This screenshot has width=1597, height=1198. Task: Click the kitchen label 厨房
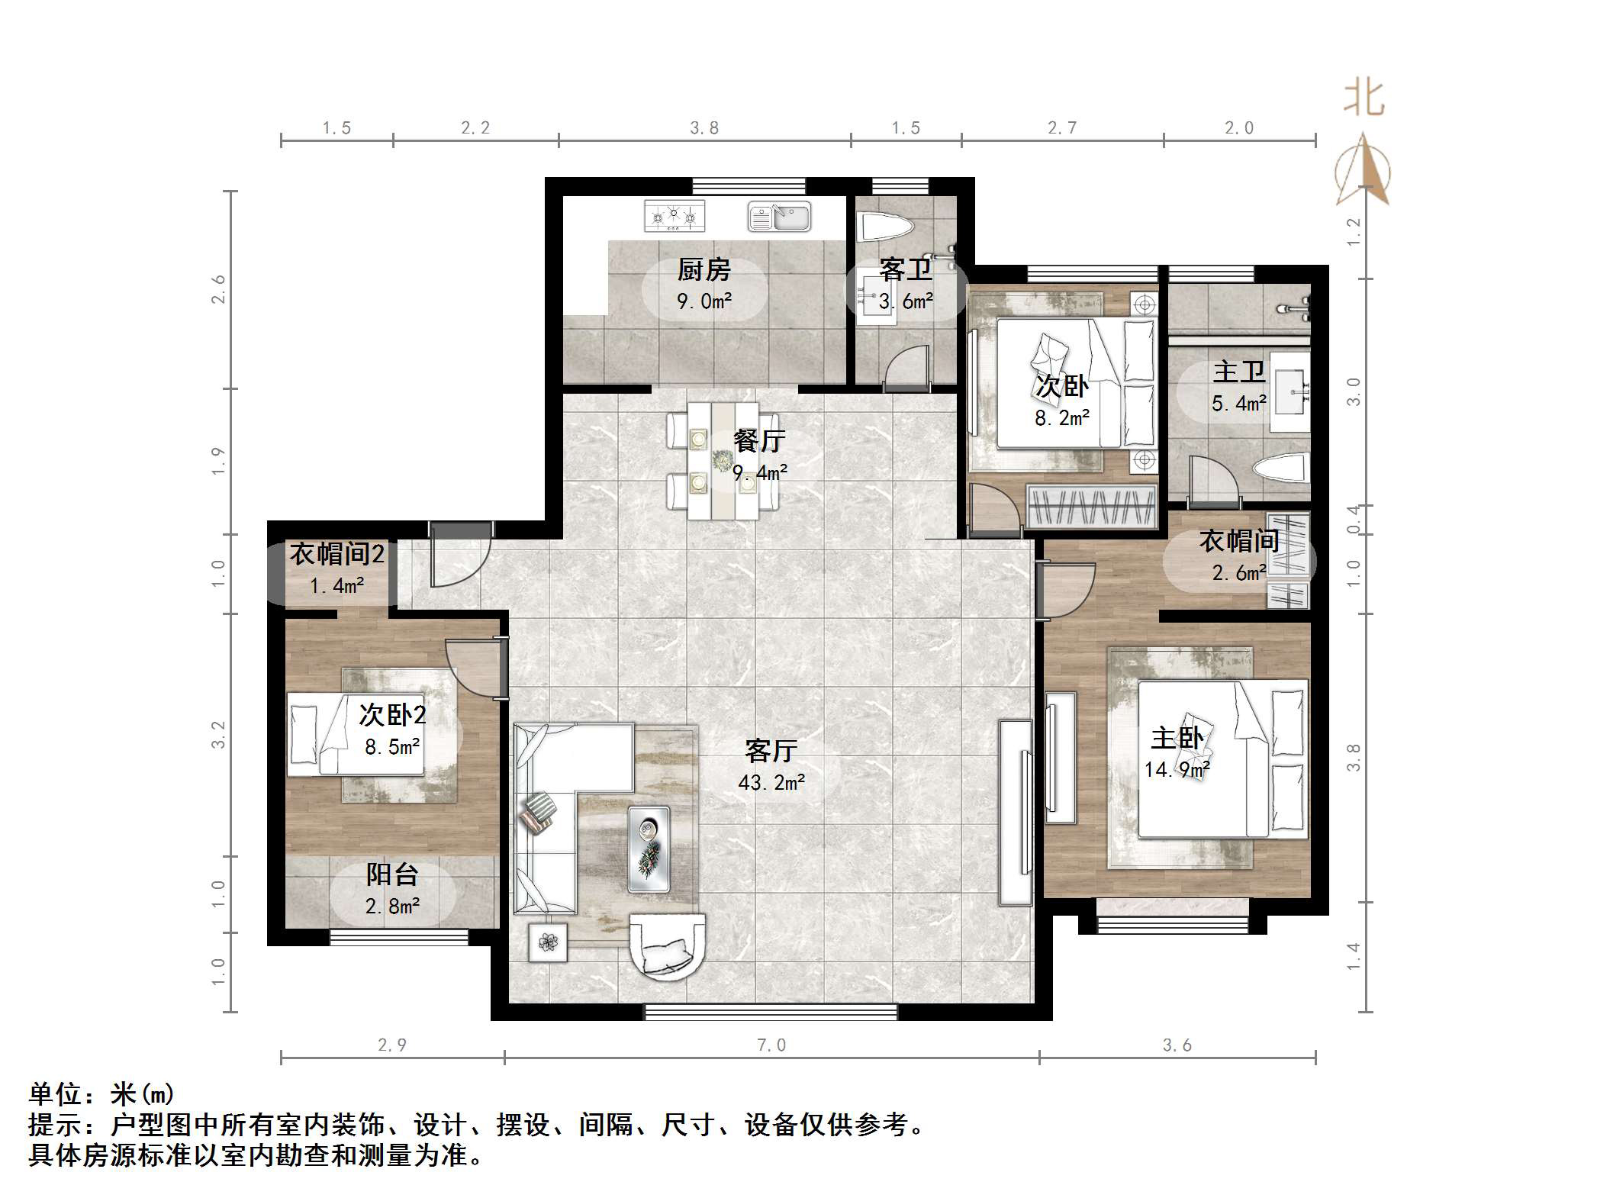[704, 269]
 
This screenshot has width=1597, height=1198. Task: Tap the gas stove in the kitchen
[674, 216]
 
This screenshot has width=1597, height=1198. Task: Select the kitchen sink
[779, 217]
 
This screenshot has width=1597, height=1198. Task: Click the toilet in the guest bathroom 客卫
[887, 227]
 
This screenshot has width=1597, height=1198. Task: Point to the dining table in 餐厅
[722, 461]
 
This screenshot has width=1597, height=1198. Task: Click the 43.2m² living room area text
[771, 782]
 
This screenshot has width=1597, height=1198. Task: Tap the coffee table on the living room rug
[649, 849]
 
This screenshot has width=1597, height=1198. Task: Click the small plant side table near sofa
[548, 942]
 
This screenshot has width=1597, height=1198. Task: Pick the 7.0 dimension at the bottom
[771, 1045]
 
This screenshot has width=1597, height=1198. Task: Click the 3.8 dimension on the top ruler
[704, 128]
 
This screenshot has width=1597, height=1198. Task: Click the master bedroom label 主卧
[1177, 738]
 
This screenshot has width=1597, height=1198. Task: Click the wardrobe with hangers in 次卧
[1091, 507]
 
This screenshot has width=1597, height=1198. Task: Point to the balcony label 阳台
[391, 874]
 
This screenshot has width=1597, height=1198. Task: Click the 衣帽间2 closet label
[336, 554]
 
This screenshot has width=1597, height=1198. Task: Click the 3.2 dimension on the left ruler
[219, 734]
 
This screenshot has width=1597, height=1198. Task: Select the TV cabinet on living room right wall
[1016, 812]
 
